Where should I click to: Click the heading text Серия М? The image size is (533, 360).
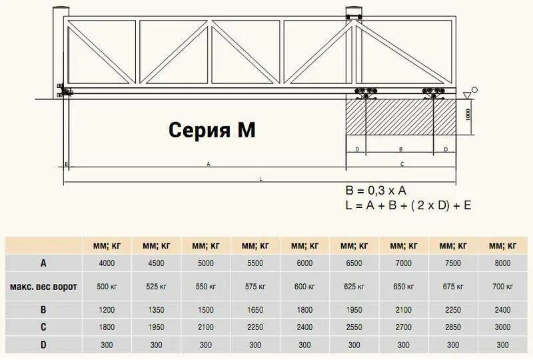(211, 129)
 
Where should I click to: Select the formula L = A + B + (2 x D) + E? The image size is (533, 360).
(408, 205)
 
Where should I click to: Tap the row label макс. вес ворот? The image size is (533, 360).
(43, 287)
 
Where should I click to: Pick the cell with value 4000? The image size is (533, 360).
(107, 263)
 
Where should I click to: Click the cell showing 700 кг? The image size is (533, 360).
(502, 287)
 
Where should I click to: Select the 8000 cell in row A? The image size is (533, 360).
(502, 263)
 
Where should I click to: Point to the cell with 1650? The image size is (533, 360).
(255, 310)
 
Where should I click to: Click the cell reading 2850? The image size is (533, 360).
(453, 328)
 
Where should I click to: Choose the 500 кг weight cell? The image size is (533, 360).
(107, 287)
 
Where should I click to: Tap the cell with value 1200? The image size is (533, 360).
(107, 310)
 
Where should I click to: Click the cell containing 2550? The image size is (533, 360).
(354, 328)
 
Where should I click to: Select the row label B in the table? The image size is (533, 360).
(43, 310)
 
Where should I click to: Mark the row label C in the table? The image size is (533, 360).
(43, 328)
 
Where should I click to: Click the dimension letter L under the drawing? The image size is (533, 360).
(261, 178)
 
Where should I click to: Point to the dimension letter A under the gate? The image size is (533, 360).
(209, 163)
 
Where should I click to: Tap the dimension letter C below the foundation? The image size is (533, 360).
(401, 163)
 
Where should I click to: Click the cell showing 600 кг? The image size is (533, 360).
(304, 287)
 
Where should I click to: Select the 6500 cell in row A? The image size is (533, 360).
(354, 263)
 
